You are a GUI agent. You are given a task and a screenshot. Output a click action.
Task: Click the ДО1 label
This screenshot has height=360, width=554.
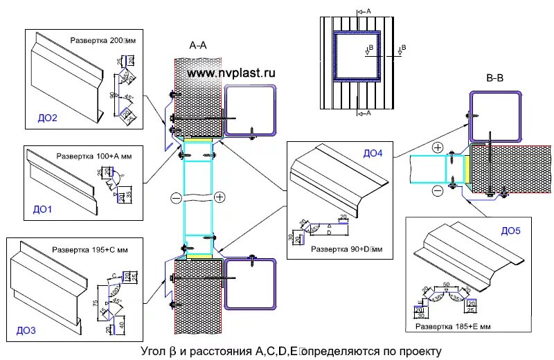(42, 207)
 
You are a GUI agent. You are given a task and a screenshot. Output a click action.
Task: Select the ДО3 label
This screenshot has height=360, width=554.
(26, 331)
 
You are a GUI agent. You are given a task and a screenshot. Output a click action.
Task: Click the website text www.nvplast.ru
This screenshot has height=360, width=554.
(231, 72)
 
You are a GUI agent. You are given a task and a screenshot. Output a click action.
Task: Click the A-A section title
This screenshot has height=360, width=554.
(197, 46)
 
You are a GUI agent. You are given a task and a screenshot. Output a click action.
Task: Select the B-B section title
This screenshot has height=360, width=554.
(494, 78)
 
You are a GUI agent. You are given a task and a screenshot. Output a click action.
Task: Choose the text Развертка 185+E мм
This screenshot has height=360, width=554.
(452, 325)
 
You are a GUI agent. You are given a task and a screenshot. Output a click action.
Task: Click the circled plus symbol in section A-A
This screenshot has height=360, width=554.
(220, 197)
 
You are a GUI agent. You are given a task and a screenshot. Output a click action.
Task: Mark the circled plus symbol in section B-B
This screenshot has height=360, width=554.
(438, 148)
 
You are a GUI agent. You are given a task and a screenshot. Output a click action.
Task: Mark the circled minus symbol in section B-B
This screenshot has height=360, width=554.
(438, 190)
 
